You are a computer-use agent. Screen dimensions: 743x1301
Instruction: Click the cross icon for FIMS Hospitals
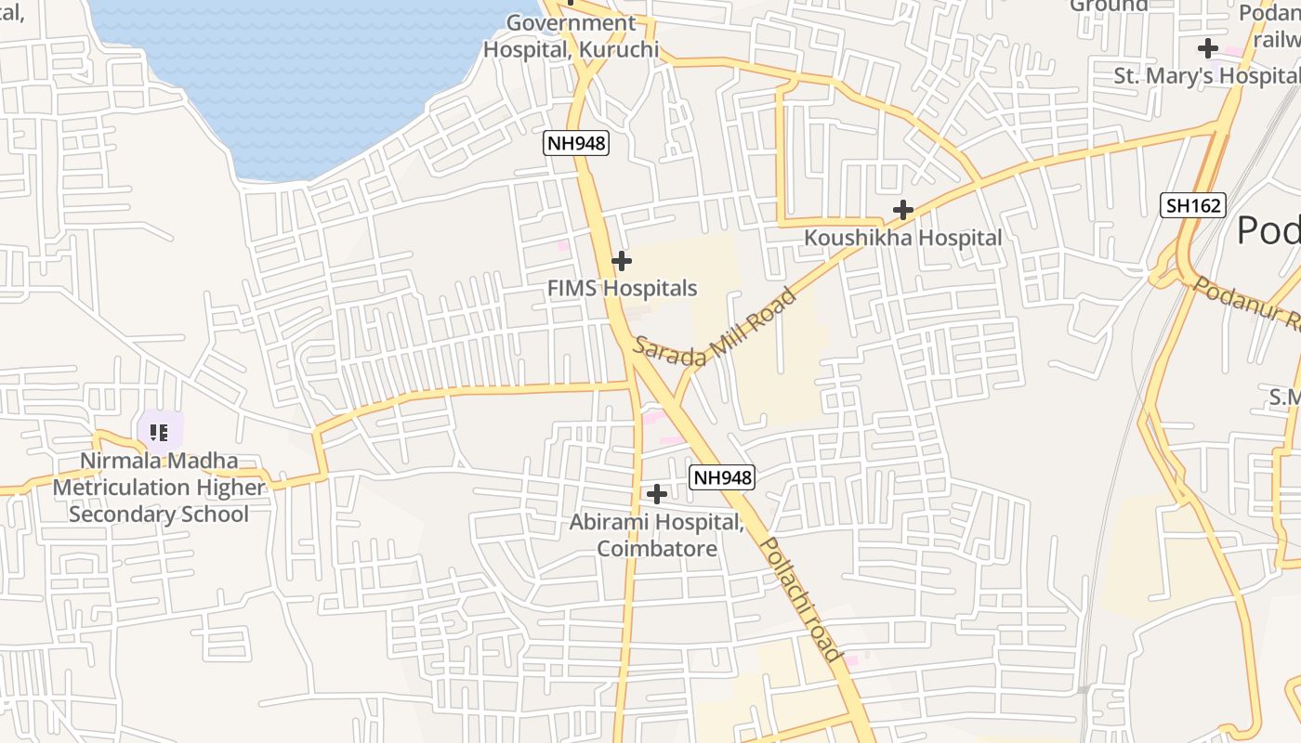click(622, 262)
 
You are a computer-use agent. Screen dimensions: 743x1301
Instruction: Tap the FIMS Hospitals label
click(622, 288)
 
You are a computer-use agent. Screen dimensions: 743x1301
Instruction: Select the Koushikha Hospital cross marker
click(902, 210)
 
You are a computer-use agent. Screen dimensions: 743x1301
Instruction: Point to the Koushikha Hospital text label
click(902, 238)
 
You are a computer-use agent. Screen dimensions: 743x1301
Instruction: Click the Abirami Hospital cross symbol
click(657, 493)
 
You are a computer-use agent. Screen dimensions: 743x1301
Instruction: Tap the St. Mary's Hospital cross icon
click(1207, 48)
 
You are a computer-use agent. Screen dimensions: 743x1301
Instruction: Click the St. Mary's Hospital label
click(1206, 75)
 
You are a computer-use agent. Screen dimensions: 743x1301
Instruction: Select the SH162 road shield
click(1193, 205)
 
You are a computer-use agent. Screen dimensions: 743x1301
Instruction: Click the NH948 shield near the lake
click(575, 143)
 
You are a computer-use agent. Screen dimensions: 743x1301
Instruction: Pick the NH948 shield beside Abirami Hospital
click(722, 477)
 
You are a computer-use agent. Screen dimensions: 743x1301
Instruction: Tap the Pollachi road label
click(801, 599)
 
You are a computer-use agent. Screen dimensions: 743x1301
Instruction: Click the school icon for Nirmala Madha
click(158, 432)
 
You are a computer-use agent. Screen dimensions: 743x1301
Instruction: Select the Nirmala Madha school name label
click(159, 487)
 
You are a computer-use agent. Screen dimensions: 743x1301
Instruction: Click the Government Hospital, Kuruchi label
click(571, 36)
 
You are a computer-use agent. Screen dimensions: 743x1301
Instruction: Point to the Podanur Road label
click(1245, 302)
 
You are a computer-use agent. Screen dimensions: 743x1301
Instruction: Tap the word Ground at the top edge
click(1109, 6)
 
